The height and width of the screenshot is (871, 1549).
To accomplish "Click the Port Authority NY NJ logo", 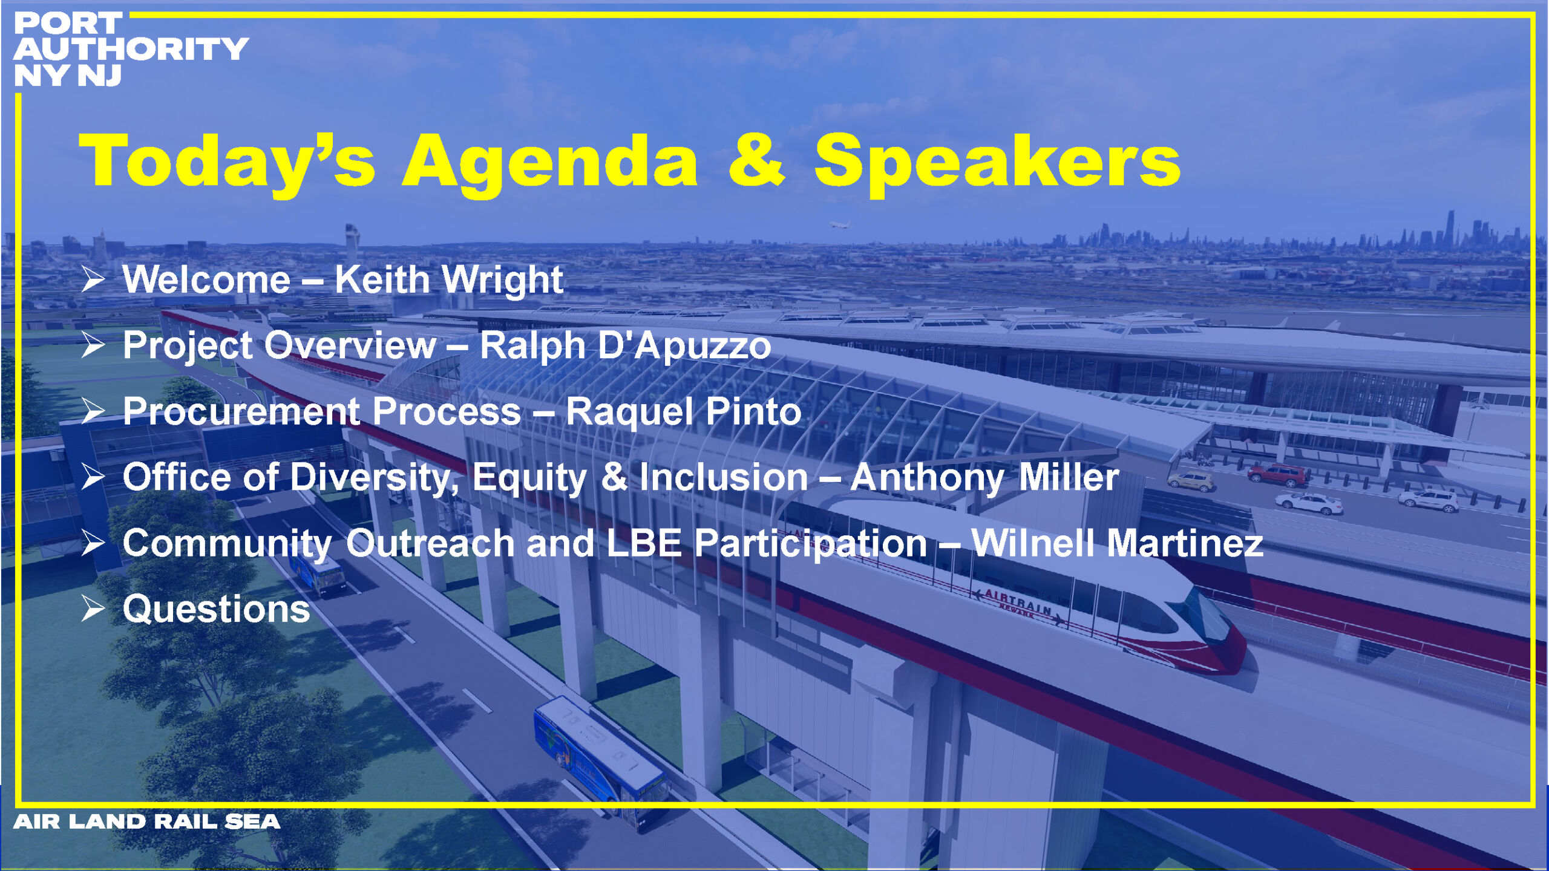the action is tap(130, 49).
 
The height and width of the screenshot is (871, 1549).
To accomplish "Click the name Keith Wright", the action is tap(449, 279).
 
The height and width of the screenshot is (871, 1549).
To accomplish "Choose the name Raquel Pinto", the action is tap(683, 411).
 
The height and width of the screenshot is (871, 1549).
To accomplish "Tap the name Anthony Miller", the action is tap(984, 477).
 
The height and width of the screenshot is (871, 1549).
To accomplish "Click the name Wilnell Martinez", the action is tap(1117, 543).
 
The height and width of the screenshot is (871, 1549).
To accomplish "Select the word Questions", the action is tap(217, 608).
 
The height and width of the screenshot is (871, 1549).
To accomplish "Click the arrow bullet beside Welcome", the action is tap(94, 280).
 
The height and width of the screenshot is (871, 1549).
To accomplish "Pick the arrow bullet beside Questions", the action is tap(94, 609).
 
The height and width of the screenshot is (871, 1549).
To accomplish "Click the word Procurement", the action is tap(241, 411).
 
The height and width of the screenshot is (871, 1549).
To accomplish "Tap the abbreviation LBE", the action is tap(644, 543).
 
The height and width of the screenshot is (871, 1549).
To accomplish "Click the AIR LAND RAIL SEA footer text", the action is tap(146, 821).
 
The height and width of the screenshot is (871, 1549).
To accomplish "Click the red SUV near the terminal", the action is tap(1277, 475).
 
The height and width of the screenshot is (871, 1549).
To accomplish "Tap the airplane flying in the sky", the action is tap(840, 225).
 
